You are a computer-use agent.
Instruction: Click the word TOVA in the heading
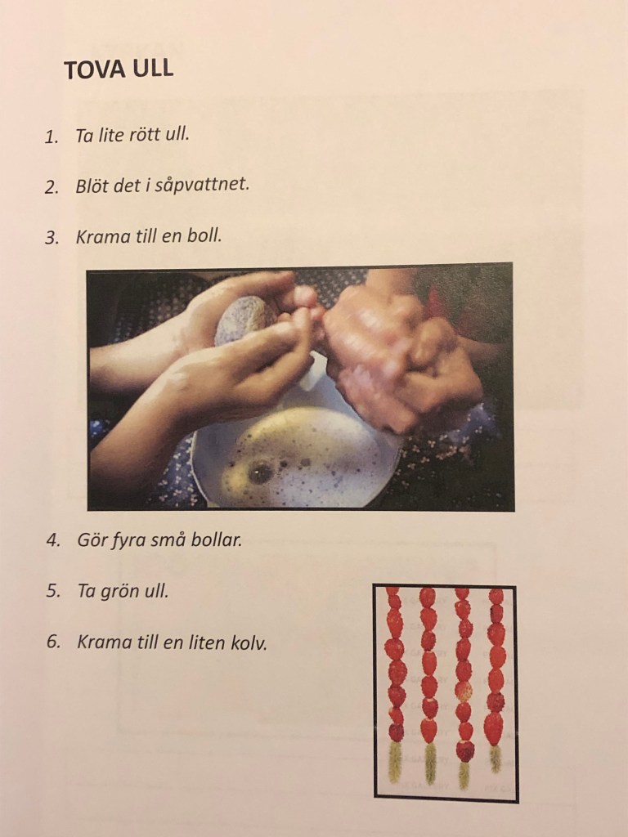(x=95, y=69)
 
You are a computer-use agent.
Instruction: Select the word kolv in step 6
(x=248, y=642)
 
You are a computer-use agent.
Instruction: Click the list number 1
(x=52, y=137)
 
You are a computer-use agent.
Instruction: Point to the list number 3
(x=52, y=238)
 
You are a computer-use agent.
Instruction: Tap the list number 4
(x=53, y=541)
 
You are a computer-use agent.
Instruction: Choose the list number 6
(x=53, y=642)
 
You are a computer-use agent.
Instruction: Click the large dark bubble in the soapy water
(x=261, y=472)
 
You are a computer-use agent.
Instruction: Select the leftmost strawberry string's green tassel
(x=395, y=762)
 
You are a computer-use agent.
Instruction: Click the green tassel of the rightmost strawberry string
(x=495, y=758)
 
